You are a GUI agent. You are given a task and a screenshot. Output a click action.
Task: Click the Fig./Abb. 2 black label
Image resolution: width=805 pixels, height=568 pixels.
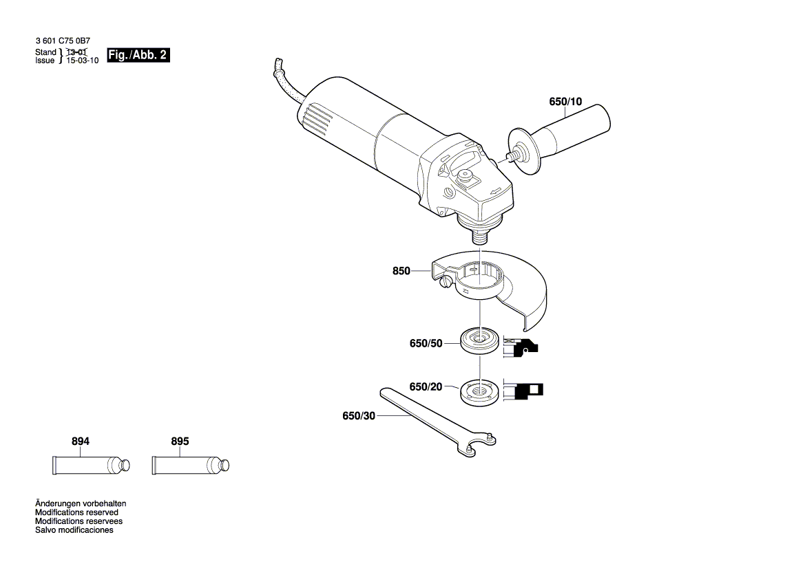(138, 56)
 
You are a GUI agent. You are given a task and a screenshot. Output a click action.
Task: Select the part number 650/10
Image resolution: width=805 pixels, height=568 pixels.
(565, 102)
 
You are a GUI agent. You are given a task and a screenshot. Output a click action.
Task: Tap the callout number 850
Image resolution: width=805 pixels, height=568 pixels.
(401, 271)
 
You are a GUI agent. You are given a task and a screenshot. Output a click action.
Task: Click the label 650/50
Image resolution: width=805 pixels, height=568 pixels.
(426, 343)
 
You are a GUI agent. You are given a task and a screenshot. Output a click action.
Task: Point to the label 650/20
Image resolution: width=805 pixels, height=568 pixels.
(426, 387)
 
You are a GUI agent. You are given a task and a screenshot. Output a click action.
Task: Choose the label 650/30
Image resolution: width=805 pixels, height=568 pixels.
(359, 416)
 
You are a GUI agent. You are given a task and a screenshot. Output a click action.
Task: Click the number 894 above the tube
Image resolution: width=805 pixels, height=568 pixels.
(80, 441)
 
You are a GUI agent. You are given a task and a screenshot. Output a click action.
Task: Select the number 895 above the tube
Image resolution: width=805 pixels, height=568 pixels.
(179, 441)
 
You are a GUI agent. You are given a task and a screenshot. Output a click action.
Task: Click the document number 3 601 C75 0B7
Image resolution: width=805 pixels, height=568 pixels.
(61, 42)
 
